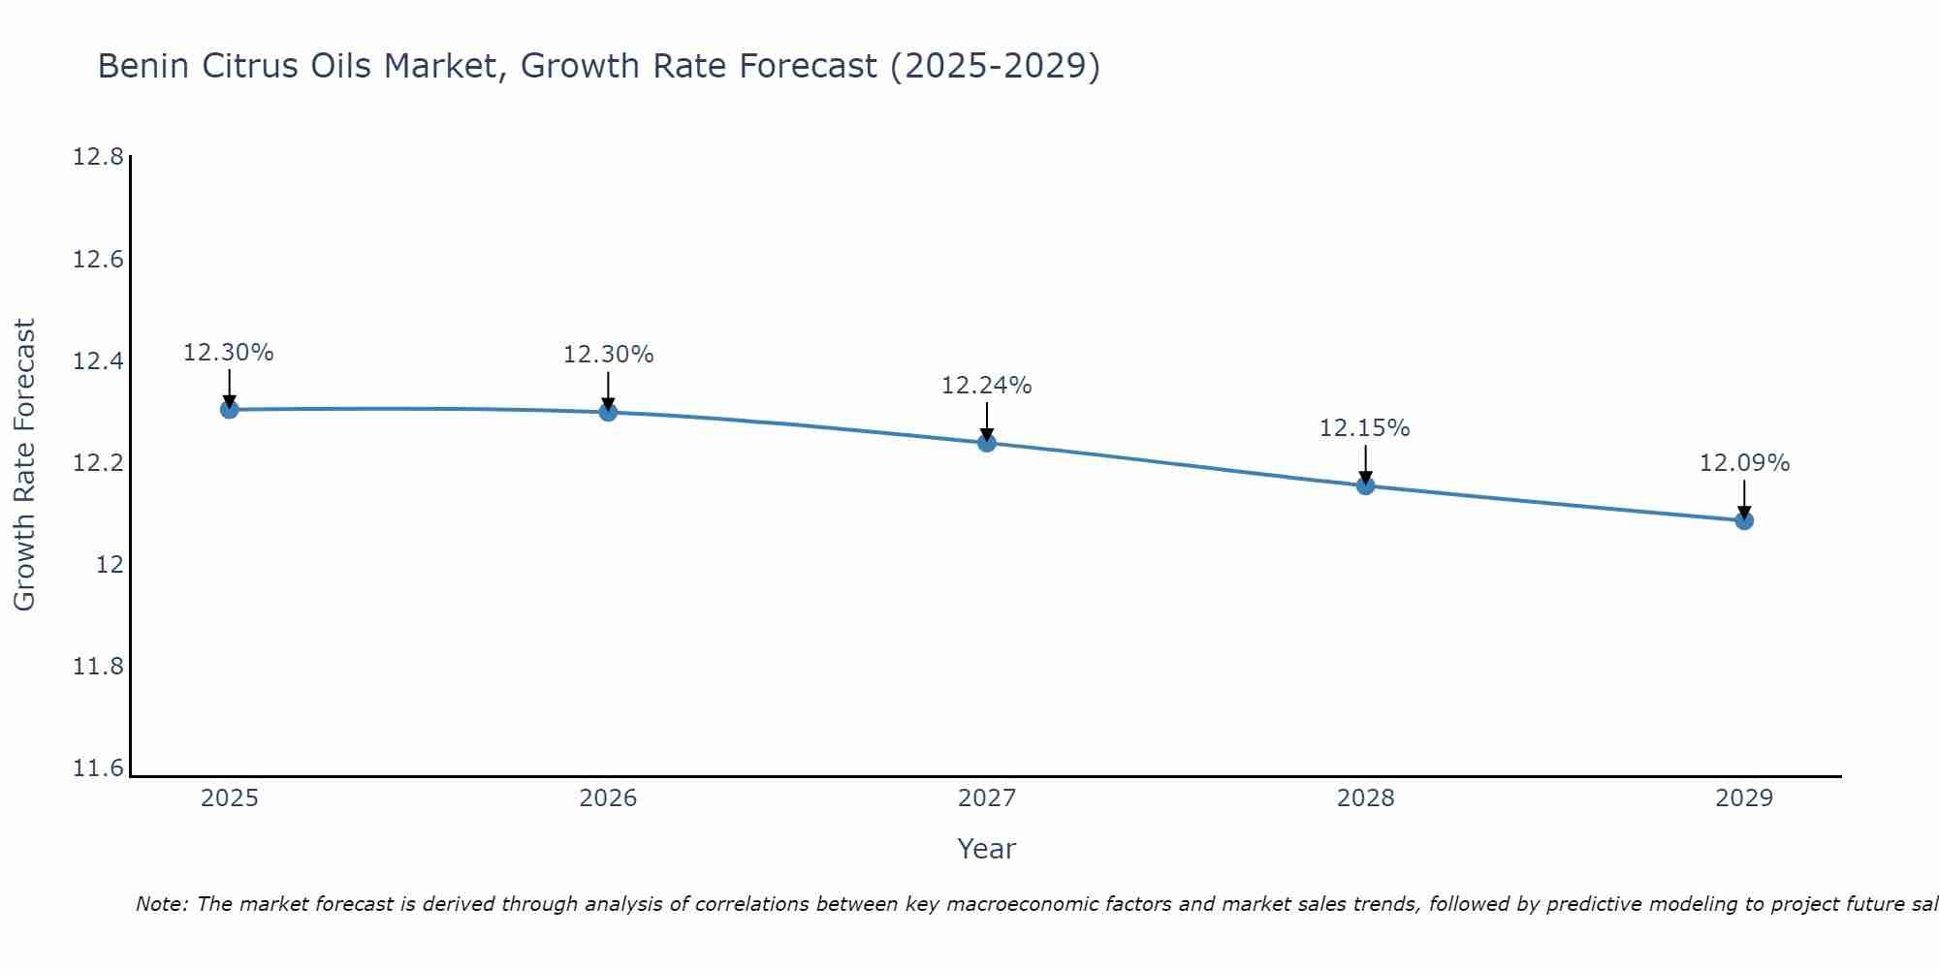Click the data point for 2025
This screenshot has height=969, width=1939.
(x=229, y=409)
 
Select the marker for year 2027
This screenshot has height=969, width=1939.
(x=987, y=443)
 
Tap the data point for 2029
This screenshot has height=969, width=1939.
(x=1744, y=520)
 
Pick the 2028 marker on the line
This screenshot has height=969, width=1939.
(x=1365, y=485)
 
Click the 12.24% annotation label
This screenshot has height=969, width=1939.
(x=987, y=386)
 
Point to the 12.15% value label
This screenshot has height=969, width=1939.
(x=1364, y=428)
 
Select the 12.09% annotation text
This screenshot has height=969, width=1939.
(x=1744, y=463)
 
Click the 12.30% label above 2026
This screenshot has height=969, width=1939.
(x=608, y=355)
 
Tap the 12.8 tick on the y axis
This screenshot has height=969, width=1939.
(x=98, y=157)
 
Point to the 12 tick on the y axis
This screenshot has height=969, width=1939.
(x=110, y=565)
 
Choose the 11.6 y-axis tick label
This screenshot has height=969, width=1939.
(x=98, y=768)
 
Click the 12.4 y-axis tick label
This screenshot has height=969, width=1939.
(x=98, y=361)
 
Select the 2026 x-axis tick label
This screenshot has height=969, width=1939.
(x=608, y=798)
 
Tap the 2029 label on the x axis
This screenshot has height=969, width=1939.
(x=1744, y=798)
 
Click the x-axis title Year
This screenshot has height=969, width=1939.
(x=986, y=849)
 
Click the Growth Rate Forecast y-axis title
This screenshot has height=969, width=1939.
(x=24, y=464)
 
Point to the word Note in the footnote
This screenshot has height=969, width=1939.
(x=161, y=904)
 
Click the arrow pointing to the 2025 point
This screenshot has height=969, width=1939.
(x=229, y=389)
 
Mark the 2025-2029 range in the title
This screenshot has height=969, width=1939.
(x=995, y=67)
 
